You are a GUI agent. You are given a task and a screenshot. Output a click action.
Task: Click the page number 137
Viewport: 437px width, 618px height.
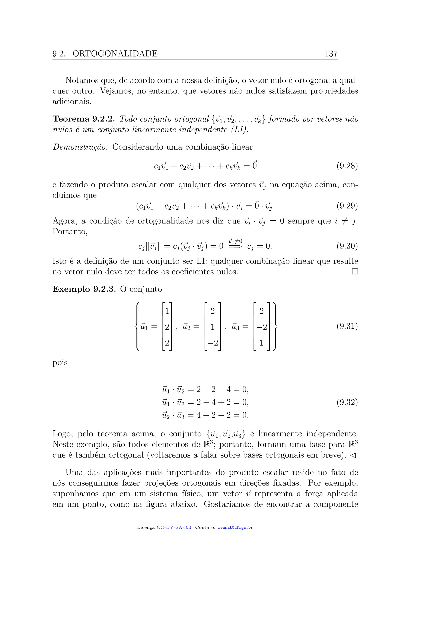[331, 54]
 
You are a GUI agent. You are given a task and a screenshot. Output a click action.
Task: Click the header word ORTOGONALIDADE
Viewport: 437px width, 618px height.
[115, 54]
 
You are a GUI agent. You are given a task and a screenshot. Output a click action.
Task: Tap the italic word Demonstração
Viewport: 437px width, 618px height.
[80, 147]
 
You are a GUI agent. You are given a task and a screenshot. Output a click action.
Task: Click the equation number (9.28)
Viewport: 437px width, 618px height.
[347, 166]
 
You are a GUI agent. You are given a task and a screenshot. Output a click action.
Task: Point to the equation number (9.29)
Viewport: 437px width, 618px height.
[347, 206]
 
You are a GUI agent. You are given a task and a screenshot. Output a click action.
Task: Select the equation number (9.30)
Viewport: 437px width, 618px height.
[347, 246]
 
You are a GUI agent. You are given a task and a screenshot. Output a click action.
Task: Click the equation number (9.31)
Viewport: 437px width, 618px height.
[347, 326]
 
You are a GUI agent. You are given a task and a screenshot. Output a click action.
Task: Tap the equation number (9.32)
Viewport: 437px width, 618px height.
[347, 402]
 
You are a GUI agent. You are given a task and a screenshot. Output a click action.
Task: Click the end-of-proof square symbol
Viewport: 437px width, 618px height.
[355, 272]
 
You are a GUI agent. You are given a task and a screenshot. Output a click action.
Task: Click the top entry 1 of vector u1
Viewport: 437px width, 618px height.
[167, 311]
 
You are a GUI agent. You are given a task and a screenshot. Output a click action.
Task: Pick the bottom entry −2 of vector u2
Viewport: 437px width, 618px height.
[213, 343]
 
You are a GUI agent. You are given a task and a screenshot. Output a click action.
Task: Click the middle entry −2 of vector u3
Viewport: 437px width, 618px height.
[262, 327]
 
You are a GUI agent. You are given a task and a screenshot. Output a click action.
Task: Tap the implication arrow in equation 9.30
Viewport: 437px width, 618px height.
[235, 246]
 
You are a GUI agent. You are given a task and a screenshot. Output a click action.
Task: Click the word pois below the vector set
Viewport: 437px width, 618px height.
[60, 363]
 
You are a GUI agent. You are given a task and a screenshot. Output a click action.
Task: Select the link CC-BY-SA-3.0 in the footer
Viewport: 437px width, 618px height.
[174, 527]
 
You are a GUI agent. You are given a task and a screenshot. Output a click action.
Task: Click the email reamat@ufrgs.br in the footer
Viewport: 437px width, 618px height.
[235, 527]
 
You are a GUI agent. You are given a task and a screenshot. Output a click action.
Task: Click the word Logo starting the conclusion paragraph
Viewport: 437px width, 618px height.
[62, 434]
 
